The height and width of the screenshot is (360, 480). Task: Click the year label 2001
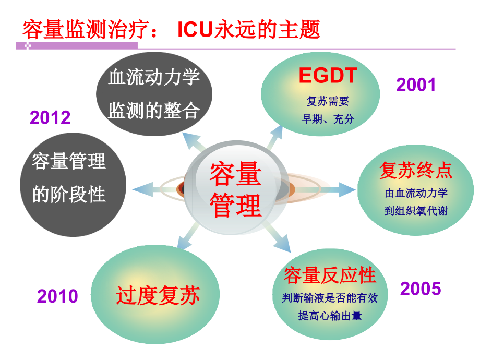click(416, 85)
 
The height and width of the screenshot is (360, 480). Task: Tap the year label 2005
click(421, 288)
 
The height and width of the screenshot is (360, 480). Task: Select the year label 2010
click(57, 296)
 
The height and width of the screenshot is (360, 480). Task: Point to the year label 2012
click(50, 117)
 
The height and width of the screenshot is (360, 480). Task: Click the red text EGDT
click(328, 76)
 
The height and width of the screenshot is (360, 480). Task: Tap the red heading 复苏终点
click(415, 170)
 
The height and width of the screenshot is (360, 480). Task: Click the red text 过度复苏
click(158, 295)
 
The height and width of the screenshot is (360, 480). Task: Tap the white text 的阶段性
click(69, 194)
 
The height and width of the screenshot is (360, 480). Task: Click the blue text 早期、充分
click(328, 119)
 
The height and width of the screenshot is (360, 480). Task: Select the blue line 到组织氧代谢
click(416, 212)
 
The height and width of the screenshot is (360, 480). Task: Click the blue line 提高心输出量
click(330, 316)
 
